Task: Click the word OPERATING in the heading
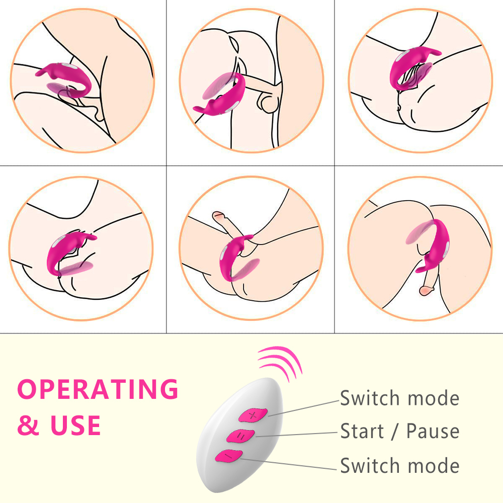tap(98, 389)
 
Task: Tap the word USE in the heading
tap(75, 425)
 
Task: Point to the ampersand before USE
tap(28, 426)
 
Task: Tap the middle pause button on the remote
tap(240, 436)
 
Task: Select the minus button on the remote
tap(229, 456)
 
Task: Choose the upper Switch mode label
tap(400, 398)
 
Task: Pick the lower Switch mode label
tap(400, 465)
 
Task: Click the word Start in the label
tap(362, 431)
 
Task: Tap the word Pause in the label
tap(433, 431)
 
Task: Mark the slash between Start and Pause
tap(395, 432)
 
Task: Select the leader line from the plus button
tap(303, 408)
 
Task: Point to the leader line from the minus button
tap(288, 464)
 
